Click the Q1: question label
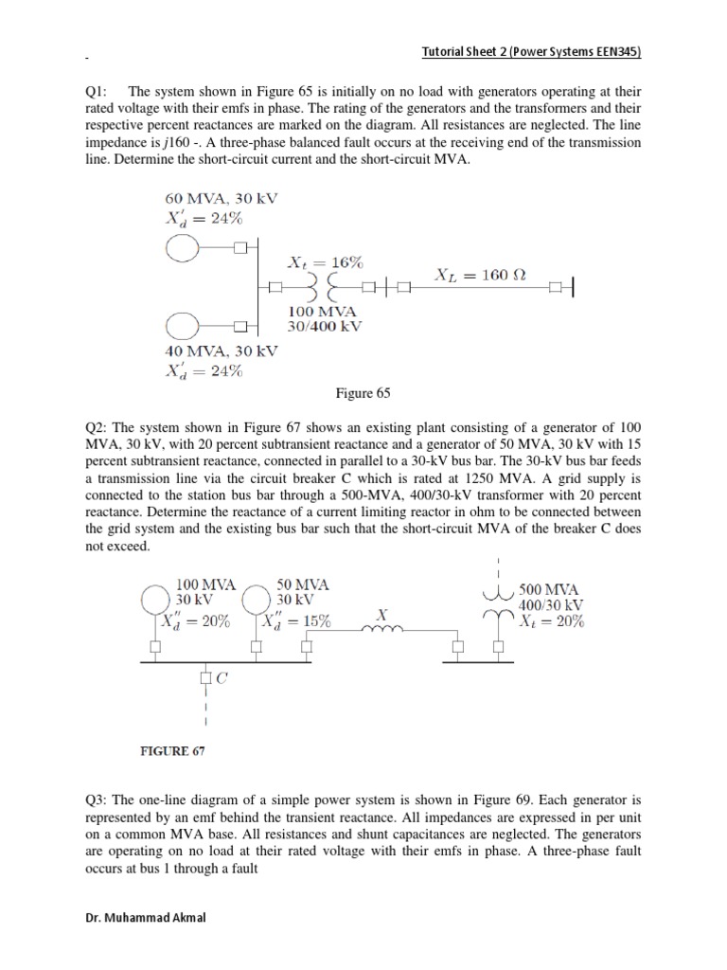(x=98, y=92)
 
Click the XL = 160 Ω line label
(x=479, y=275)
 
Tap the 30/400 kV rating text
(x=325, y=326)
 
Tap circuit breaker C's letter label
(x=222, y=677)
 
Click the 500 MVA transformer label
(x=550, y=587)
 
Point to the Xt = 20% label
(x=551, y=622)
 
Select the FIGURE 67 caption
(x=172, y=751)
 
